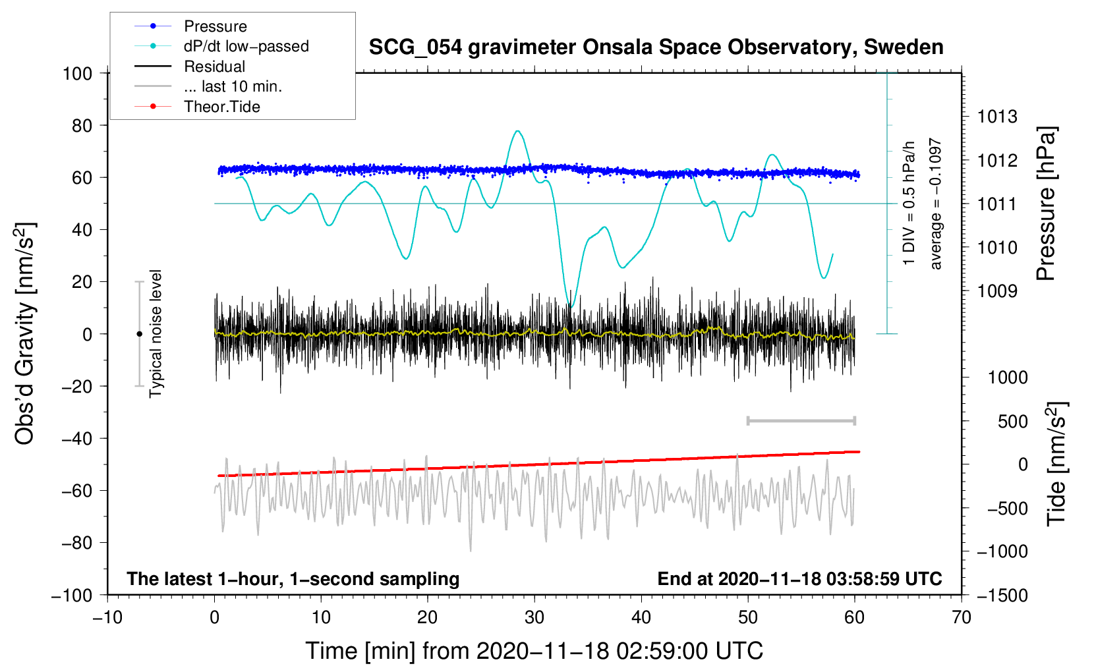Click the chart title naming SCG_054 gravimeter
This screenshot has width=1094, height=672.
(656, 47)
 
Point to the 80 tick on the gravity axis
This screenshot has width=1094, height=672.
(82, 126)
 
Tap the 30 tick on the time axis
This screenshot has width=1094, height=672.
(534, 617)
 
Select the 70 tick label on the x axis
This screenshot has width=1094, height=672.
(961, 617)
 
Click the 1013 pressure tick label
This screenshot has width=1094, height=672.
(997, 117)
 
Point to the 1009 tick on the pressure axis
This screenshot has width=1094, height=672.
(997, 291)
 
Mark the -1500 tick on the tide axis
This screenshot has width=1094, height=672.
(1002, 596)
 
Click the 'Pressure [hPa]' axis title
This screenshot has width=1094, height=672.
(1047, 204)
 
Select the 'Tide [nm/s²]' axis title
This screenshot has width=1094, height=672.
(1056, 464)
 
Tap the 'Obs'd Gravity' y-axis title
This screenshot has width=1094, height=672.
(24, 333)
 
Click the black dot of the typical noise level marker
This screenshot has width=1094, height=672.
(139, 334)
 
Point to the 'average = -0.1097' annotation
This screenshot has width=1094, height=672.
(935, 204)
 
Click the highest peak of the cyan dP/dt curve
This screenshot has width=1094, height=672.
(518, 131)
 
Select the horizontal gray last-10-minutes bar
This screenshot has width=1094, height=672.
(801, 421)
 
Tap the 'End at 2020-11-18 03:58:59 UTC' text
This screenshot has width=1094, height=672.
(799, 578)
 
